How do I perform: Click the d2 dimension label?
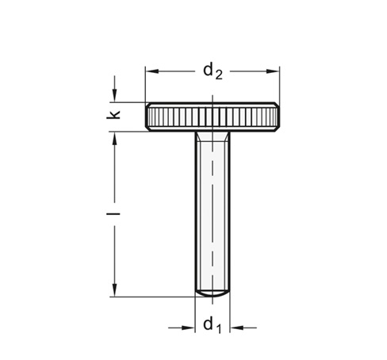tap(212, 72)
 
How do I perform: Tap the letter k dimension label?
tap(115, 116)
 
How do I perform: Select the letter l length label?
tap(115, 214)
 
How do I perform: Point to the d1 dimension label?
tap(212, 325)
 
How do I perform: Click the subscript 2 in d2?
tap(218, 75)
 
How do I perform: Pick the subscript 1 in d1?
tap(218, 328)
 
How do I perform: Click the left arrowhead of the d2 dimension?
tap(150, 71)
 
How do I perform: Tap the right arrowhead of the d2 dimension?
tap(275, 71)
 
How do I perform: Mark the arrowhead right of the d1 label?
tap(236, 325)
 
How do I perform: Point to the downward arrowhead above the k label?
tap(115, 97)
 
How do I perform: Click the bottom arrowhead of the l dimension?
tap(115, 291)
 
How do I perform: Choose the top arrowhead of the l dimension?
tap(115, 137)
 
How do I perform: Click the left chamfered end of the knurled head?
tap(148, 117)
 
